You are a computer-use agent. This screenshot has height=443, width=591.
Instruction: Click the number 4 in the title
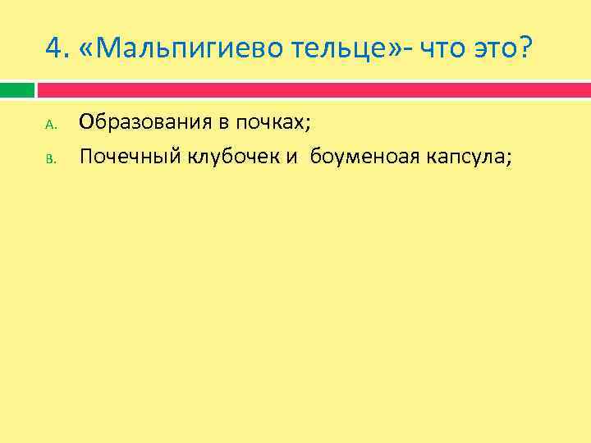pos(54,51)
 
